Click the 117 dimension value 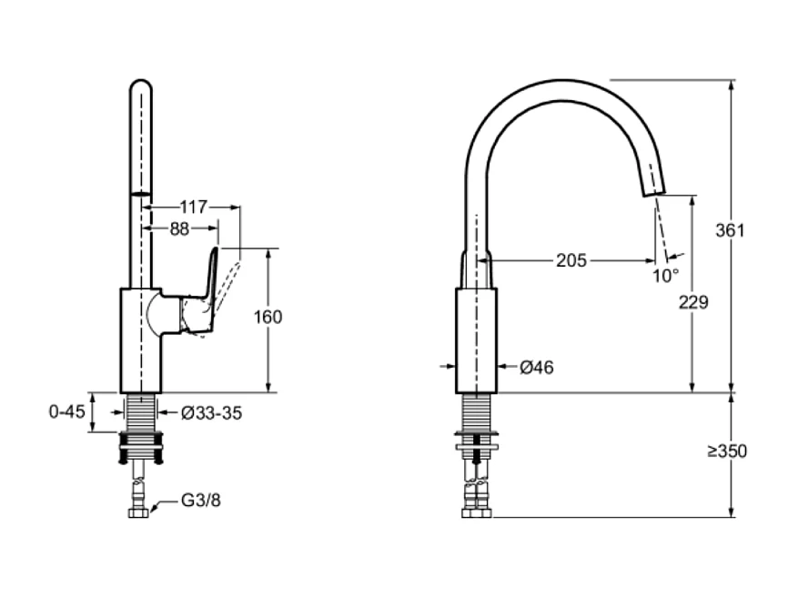[193, 207]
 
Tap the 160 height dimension [268, 317]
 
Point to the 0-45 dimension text [66, 411]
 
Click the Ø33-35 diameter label [211, 412]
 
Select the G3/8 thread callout [200, 499]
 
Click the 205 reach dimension [571, 260]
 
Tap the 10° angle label [665, 274]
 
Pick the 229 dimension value [693, 302]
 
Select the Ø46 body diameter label [536, 367]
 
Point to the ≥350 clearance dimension [727, 451]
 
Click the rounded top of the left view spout [140, 87]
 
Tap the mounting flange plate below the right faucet [476, 447]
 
